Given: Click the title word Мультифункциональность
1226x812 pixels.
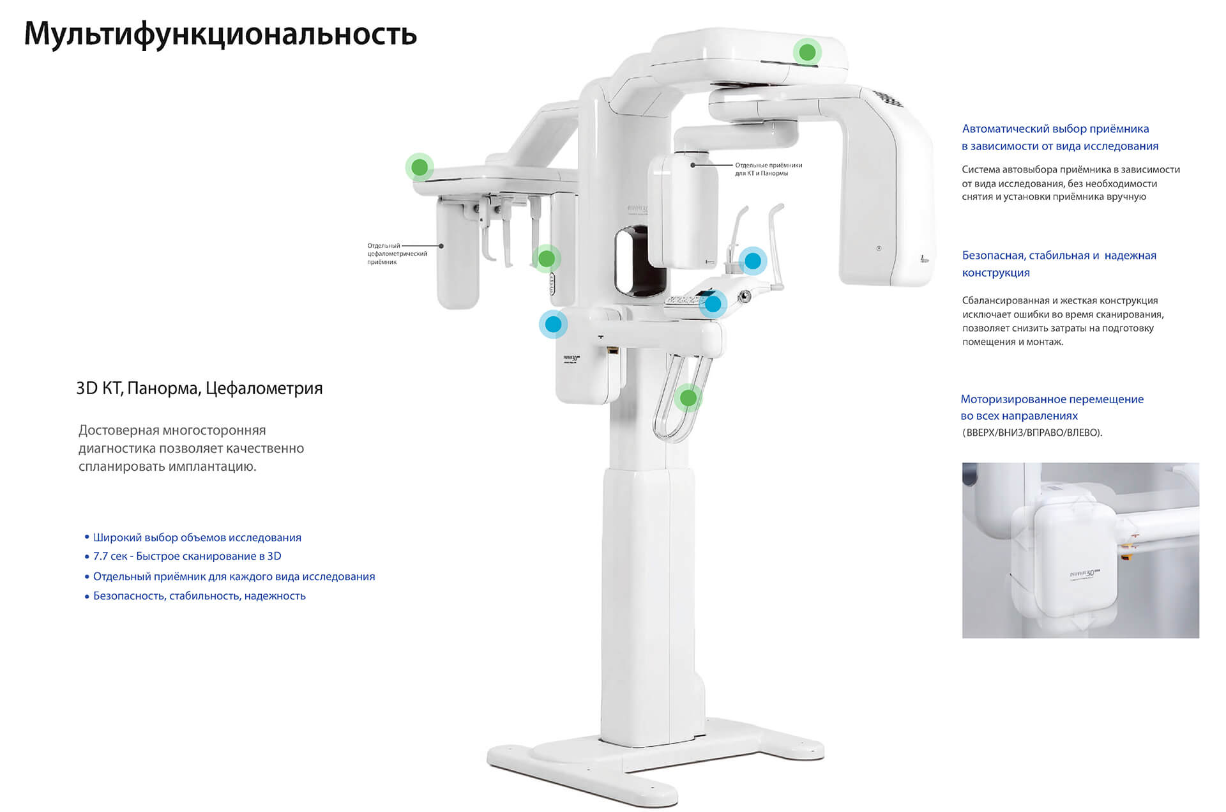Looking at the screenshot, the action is pyautogui.click(x=220, y=34).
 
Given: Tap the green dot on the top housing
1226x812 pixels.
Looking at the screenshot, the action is pyautogui.click(x=807, y=52).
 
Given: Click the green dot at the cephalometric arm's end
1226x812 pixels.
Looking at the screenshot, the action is pyautogui.click(x=420, y=167).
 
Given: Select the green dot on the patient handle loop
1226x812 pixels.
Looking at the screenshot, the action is pyautogui.click(x=688, y=398).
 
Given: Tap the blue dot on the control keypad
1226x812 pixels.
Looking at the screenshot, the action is pyautogui.click(x=713, y=304).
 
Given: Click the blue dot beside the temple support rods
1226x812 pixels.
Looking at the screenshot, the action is pyautogui.click(x=753, y=261).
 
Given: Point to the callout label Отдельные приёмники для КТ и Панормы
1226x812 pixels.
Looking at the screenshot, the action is pyautogui.click(x=768, y=169).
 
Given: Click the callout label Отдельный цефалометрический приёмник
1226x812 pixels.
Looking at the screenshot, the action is pyautogui.click(x=397, y=254).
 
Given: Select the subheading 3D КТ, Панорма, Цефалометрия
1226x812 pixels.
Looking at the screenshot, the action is pyautogui.click(x=199, y=388).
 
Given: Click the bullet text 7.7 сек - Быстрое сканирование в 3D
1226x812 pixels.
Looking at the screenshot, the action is pyautogui.click(x=187, y=556).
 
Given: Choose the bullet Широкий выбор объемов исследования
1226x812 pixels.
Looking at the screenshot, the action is pyautogui.click(x=197, y=538).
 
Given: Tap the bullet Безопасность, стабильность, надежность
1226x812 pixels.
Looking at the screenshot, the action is pyautogui.click(x=199, y=596).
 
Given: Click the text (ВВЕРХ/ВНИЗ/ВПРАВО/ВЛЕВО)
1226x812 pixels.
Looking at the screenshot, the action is pyautogui.click(x=1032, y=433).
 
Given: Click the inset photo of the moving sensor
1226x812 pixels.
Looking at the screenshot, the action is pyautogui.click(x=1080, y=550).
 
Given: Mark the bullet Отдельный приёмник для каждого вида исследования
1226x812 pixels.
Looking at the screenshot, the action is pyautogui.click(x=234, y=577).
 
